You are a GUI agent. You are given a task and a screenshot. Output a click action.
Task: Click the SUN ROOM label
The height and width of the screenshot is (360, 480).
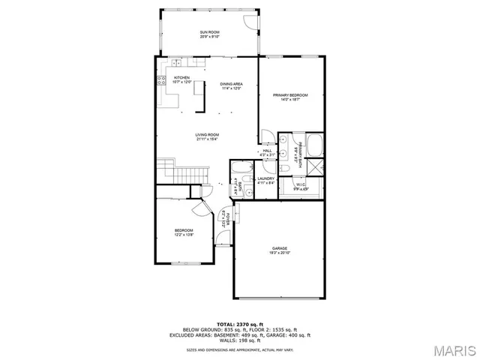click(x=209, y=33)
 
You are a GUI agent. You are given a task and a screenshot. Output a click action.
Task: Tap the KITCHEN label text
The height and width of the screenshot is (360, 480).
click(x=182, y=79)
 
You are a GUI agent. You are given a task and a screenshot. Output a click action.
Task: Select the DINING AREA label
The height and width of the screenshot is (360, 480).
click(x=231, y=85)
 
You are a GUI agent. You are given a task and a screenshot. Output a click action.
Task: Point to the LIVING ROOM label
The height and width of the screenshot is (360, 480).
click(x=207, y=136)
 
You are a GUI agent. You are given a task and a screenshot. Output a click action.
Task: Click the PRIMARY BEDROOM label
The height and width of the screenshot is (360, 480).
click(x=290, y=97)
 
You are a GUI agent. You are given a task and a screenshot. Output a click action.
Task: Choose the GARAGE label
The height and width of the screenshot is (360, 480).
click(x=280, y=250)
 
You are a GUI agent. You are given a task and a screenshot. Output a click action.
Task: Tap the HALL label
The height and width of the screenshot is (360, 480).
click(x=268, y=152)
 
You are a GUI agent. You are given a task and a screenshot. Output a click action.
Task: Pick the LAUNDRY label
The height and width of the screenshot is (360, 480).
click(x=266, y=181)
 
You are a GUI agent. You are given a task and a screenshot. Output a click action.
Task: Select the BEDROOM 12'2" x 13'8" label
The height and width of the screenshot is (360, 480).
click(x=184, y=232)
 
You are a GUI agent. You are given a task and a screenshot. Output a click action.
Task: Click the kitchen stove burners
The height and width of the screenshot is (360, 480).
click(x=160, y=78)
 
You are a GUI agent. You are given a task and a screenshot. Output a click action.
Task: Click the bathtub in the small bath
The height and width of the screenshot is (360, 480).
click(x=243, y=167)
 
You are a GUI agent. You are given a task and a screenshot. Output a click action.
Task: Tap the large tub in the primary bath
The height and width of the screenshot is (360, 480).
click(x=314, y=144)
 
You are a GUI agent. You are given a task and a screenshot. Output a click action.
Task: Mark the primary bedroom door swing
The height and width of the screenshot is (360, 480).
click(x=265, y=136)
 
